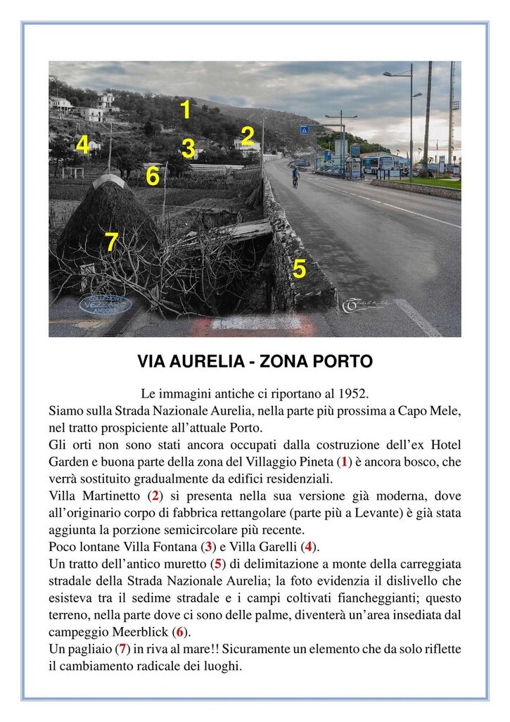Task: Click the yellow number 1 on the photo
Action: click(185, 110)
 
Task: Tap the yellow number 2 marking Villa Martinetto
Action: click(247, 135)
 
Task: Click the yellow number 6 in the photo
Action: click(153, 176)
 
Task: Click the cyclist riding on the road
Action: click(295, 177)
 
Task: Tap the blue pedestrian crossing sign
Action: click(304, 130)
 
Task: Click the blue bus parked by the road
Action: click(377, 163)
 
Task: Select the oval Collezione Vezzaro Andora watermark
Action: click(106, 304)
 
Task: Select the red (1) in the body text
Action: click(344, 462)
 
